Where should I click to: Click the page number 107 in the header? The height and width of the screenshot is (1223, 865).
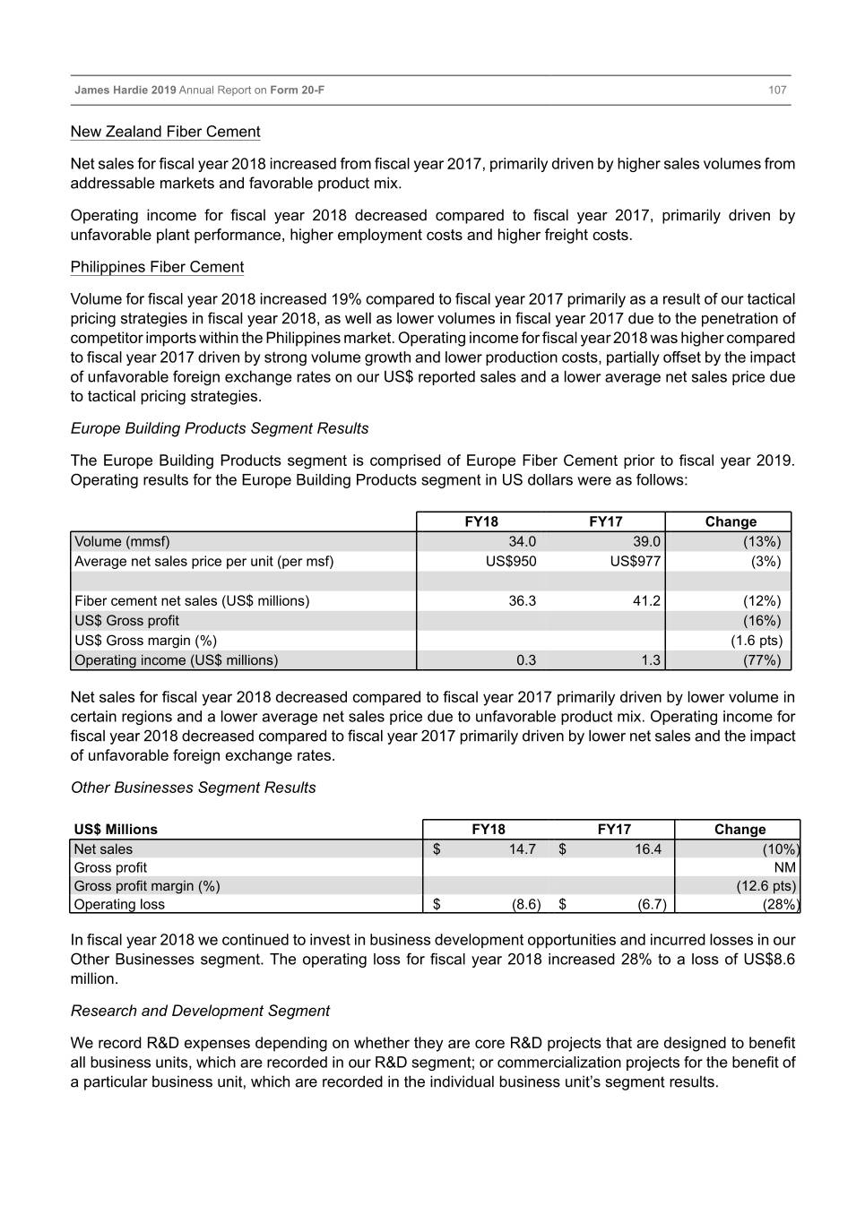(777, 90)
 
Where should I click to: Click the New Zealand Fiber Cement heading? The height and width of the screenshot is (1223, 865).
(165, 132)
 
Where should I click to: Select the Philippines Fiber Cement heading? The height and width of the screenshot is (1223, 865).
(157, 267)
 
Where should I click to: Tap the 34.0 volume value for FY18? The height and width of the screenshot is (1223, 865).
(522, 541)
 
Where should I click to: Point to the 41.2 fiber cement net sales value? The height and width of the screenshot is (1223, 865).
(646, 600)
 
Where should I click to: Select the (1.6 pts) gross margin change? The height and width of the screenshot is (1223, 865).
(757, 640)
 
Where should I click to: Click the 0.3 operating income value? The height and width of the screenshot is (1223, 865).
(526, 659)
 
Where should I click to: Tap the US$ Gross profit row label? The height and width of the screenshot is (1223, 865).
(126, 620)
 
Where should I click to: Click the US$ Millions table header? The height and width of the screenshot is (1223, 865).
(116, 829)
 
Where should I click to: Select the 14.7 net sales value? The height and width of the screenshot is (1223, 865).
(522, 848)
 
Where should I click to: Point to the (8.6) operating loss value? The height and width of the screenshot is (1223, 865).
(525, 904)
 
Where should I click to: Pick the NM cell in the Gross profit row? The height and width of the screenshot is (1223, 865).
(785, 867)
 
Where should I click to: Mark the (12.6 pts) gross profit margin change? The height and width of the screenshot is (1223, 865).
(766, 885)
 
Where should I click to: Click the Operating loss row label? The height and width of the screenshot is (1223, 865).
(119, 904)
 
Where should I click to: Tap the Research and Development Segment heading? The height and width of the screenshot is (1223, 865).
(200, 1011)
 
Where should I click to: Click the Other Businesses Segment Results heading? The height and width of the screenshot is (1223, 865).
(193, 788)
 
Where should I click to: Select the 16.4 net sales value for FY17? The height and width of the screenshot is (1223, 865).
(647, 848)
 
